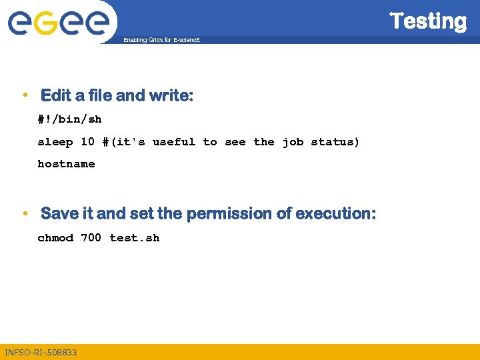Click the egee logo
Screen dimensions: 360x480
pos(58,22)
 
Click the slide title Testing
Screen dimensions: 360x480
pos(428,21)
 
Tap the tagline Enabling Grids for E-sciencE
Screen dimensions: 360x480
pos(161,41)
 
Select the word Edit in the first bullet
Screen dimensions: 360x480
pos(56,96)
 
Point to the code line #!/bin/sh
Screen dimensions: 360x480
pos(69,119)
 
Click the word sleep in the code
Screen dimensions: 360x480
pos(55,141)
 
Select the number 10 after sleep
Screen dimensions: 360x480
pos(87,141)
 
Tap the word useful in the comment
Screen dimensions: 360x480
pos(174,141)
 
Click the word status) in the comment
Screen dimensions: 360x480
pos(335,141)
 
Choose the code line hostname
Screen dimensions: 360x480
pos(66,163)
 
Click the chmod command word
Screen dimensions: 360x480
pos(55,238)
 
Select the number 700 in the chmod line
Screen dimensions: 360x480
pos(91,238)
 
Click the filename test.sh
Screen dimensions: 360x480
pos(135,238)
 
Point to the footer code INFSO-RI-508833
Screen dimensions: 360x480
pos(41,352)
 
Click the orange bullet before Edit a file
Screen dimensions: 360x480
pos(25,95)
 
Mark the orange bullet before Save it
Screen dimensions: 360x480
pos(25,213)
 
